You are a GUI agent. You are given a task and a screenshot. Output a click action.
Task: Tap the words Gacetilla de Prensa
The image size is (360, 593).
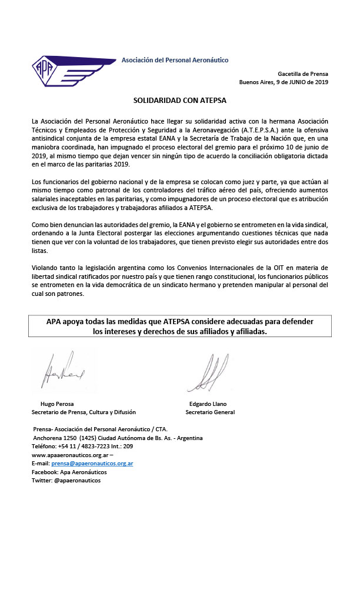pos(303,74)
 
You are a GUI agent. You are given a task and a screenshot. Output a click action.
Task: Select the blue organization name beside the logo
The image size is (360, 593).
pos(175,60)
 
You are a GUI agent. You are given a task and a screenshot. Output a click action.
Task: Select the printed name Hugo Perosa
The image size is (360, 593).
pos(56,404)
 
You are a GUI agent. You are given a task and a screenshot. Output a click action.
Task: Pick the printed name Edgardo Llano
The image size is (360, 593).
pos(208,404)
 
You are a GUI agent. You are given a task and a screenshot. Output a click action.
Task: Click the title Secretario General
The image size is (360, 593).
pos(210,412)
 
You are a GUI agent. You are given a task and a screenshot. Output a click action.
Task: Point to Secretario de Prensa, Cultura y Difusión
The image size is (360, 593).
pos(84,412)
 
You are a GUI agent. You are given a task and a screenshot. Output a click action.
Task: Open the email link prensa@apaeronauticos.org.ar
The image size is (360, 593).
pos(96,464)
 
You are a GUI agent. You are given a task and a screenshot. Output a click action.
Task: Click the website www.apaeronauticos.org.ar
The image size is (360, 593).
pos(69,455)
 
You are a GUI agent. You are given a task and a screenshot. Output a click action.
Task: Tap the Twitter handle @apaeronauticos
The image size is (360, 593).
pos(77,481)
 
